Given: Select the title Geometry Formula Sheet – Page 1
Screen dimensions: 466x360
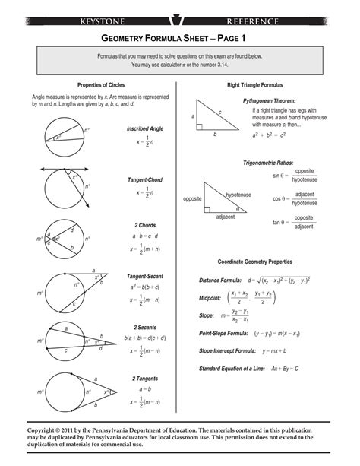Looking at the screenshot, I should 180,37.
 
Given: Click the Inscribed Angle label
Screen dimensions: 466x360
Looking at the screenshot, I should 144,129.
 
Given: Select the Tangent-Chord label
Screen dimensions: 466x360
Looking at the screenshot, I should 144,180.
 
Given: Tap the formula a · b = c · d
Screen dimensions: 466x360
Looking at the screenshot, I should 144,236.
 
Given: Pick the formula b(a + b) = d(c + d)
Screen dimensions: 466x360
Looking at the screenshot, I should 146,337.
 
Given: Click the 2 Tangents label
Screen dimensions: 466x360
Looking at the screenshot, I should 144,378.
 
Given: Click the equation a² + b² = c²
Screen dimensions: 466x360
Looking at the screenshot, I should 268,135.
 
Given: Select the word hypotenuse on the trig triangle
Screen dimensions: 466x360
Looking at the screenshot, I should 238,195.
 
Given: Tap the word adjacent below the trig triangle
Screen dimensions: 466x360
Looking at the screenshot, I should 226,217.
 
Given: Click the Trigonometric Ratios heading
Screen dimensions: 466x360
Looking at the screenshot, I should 268,163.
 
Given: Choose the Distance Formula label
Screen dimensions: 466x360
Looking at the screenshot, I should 218,281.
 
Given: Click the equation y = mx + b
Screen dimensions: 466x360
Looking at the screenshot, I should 276,351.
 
